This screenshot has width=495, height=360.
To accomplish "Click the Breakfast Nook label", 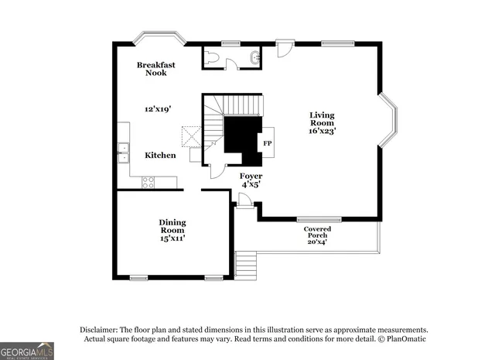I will point(156,69).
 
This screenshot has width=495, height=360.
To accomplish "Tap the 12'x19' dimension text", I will point(157,110).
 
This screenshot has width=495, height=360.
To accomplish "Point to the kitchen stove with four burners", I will point(148,182).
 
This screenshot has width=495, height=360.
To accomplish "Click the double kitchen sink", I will point(123,153).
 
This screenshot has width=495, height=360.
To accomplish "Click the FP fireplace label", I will point(268,144).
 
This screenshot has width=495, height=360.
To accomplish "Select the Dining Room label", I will point(172,226).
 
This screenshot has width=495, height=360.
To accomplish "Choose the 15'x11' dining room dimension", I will point(172,238).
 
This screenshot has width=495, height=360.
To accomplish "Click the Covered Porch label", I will point(317,233).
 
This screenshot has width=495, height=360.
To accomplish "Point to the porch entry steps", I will point(246,265).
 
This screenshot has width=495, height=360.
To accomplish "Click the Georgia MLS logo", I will point(27,351).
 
